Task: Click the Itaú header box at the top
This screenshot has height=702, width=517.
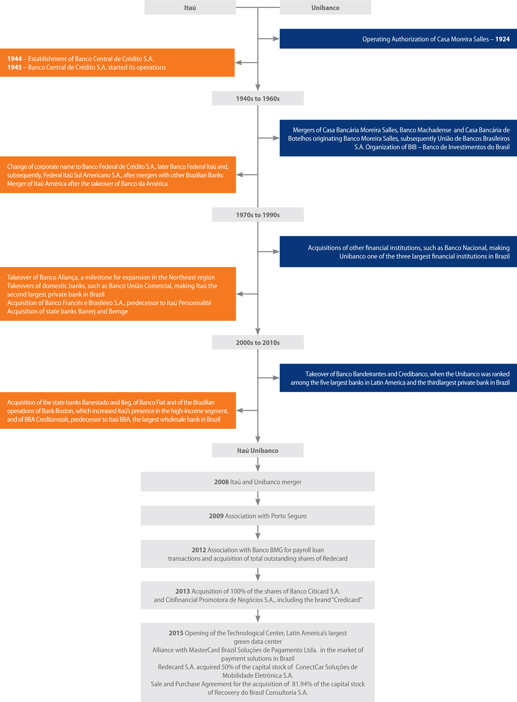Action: [190, 8]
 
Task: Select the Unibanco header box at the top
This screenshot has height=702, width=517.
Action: [325, 8]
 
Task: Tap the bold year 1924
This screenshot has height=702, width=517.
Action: [502, 39]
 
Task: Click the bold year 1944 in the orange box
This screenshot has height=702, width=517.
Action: [14, 59]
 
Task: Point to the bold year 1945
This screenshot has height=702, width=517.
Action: [14, 67]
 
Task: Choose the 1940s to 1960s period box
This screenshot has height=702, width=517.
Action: [258, 98]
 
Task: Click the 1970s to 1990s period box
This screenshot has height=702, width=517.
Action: [258, 215]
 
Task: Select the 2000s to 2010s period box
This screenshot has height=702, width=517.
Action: [258, 342]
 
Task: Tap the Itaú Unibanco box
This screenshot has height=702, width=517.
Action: [258, 450]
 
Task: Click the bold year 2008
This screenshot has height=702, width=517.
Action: [222, 482]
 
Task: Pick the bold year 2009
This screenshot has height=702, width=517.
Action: [216, 516]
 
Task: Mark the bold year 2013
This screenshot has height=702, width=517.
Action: [183, 591]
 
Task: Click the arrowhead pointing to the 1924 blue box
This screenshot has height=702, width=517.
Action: [276, 39]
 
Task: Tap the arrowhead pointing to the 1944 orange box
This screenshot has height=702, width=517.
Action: [238, 62]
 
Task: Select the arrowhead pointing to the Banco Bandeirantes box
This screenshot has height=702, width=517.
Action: [276, 378]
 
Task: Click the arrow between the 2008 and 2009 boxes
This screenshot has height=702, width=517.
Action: [258, 498]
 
